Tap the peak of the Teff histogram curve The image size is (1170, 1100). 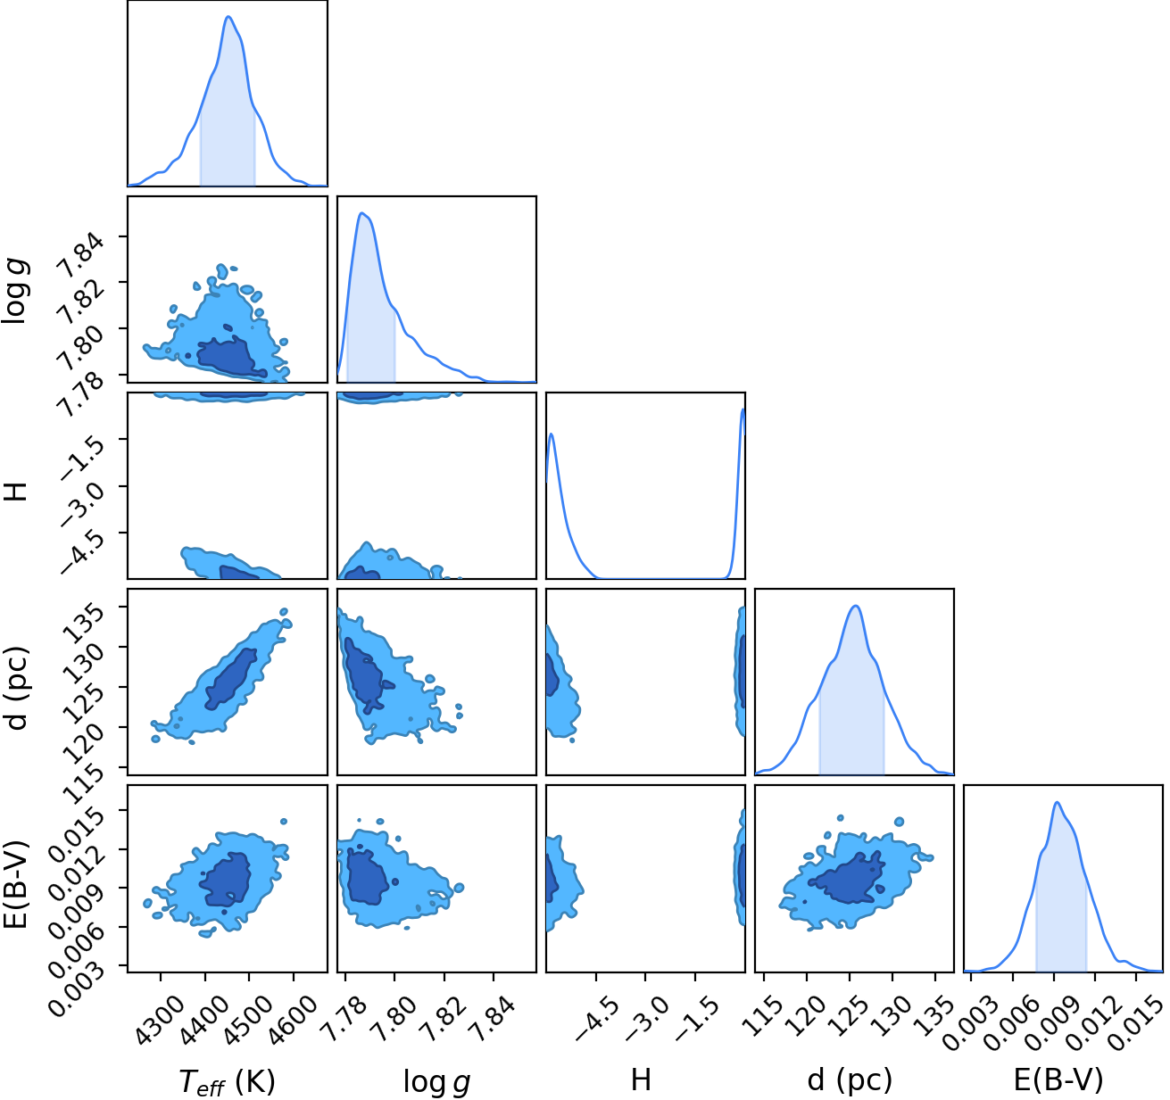click(228, 16)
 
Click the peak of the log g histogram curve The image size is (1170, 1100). click(362, 213)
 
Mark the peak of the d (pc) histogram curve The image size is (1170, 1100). click(855, 607)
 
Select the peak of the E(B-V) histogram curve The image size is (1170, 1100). click(1058, 802)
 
